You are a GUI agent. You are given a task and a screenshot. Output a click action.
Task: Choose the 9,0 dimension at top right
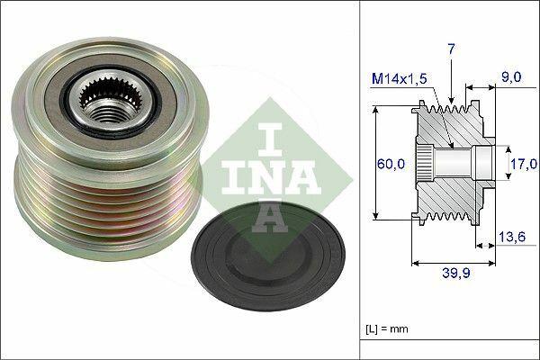point(512,78)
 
